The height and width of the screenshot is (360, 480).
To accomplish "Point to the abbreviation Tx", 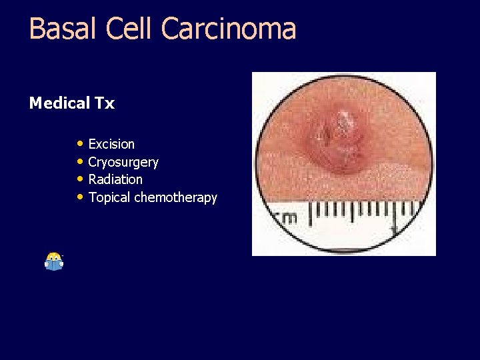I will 105,103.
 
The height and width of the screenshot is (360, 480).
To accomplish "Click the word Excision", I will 111,144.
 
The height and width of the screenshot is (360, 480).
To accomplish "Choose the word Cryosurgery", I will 123,162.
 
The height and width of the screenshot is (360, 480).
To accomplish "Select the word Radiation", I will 115,179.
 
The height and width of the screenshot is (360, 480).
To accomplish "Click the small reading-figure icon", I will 54,261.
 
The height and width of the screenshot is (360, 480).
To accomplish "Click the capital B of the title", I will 37,29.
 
